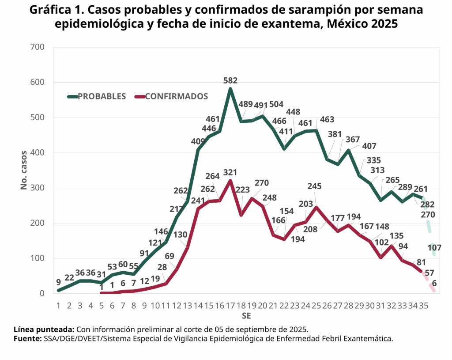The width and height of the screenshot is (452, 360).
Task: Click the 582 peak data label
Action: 230,80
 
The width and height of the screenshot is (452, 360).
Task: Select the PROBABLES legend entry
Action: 102,96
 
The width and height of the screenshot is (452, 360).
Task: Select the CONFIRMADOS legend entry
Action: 176,96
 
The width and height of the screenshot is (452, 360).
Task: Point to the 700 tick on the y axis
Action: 37,47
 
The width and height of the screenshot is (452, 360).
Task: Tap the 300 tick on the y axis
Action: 37,188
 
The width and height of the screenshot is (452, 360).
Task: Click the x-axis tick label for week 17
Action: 230,305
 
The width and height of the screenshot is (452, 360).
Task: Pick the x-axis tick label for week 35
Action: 423,305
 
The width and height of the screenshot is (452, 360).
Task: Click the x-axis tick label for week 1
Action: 58,305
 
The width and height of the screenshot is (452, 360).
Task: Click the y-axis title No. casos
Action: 24,170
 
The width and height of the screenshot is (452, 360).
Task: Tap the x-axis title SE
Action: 246,316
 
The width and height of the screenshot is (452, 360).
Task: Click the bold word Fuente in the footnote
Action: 27,339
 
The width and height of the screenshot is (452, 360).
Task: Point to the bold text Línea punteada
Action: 44,330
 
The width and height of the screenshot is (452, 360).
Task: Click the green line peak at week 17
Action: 230,89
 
